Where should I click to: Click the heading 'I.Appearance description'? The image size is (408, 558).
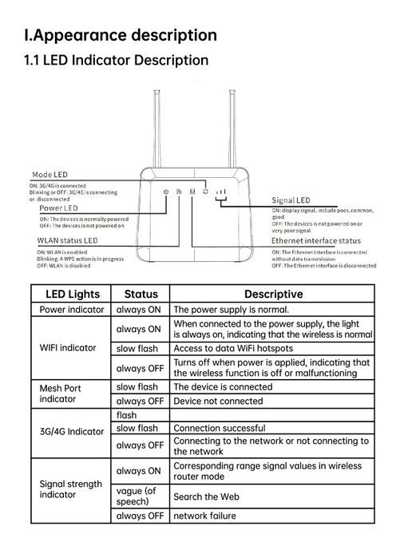click(121, 35)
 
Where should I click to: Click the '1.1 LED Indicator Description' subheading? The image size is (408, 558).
click(117, 61)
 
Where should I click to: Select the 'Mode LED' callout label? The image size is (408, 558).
click(50, 174)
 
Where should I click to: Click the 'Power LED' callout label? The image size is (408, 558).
click(59, 208)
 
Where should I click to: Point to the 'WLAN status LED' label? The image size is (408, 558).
click(68, 239)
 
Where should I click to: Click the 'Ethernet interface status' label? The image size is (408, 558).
click(316, 240)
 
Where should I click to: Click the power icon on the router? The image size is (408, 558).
click(165, 192)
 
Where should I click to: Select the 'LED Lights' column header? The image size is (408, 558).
click(72, 294)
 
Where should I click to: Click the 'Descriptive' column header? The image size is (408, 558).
click(272, 294)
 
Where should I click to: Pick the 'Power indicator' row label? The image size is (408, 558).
click(72, 309)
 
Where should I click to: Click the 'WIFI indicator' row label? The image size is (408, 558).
click(68, 348)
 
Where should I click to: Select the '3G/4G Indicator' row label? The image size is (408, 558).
click(72, 431)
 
